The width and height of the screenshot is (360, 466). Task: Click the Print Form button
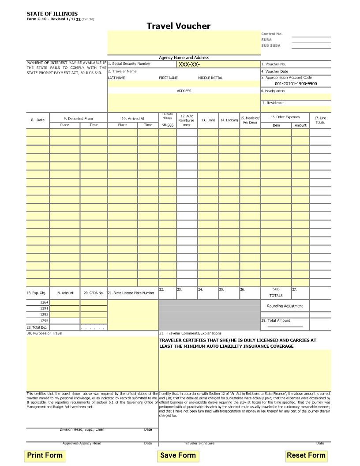coord(45,455)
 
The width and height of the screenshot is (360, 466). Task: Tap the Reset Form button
coord(306,455)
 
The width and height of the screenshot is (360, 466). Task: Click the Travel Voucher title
coord(179,26)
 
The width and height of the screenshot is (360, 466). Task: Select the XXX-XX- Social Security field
coord(189,64)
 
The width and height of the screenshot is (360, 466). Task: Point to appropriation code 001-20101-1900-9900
coord(296,84)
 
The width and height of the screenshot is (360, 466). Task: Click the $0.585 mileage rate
coord(168,125)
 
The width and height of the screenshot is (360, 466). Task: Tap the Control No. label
coord(272,34)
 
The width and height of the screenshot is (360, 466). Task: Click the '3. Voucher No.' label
coord(274,64)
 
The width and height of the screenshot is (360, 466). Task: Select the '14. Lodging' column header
coord(229,120)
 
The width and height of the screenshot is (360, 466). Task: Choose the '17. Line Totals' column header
coord(320,120)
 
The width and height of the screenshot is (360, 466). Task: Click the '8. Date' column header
coord(37,120)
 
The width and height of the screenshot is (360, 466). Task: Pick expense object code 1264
coord(44,302)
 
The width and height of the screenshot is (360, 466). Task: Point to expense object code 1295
coord(44,321)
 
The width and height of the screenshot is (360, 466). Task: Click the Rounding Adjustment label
coord(285,306)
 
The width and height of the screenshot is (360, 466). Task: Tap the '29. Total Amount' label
coord(276,320)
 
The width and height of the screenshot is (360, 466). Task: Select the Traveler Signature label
coord(199,443)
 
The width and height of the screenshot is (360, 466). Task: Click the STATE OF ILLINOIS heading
coord(52,14)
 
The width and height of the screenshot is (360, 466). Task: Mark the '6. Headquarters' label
coord(273,91)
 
